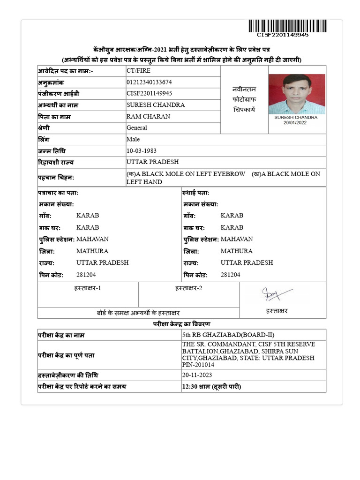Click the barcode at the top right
289,26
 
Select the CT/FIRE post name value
139,70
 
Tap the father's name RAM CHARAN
149,116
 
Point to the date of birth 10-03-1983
142,151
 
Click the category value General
137,127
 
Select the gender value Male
133,139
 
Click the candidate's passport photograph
296,94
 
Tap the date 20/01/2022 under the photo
296,123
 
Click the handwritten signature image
277,294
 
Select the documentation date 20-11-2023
197,375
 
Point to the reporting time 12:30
190,387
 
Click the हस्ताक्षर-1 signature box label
88,288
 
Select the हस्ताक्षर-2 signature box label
188,288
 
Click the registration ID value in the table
150,93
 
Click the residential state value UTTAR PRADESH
153,162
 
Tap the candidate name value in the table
156,105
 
